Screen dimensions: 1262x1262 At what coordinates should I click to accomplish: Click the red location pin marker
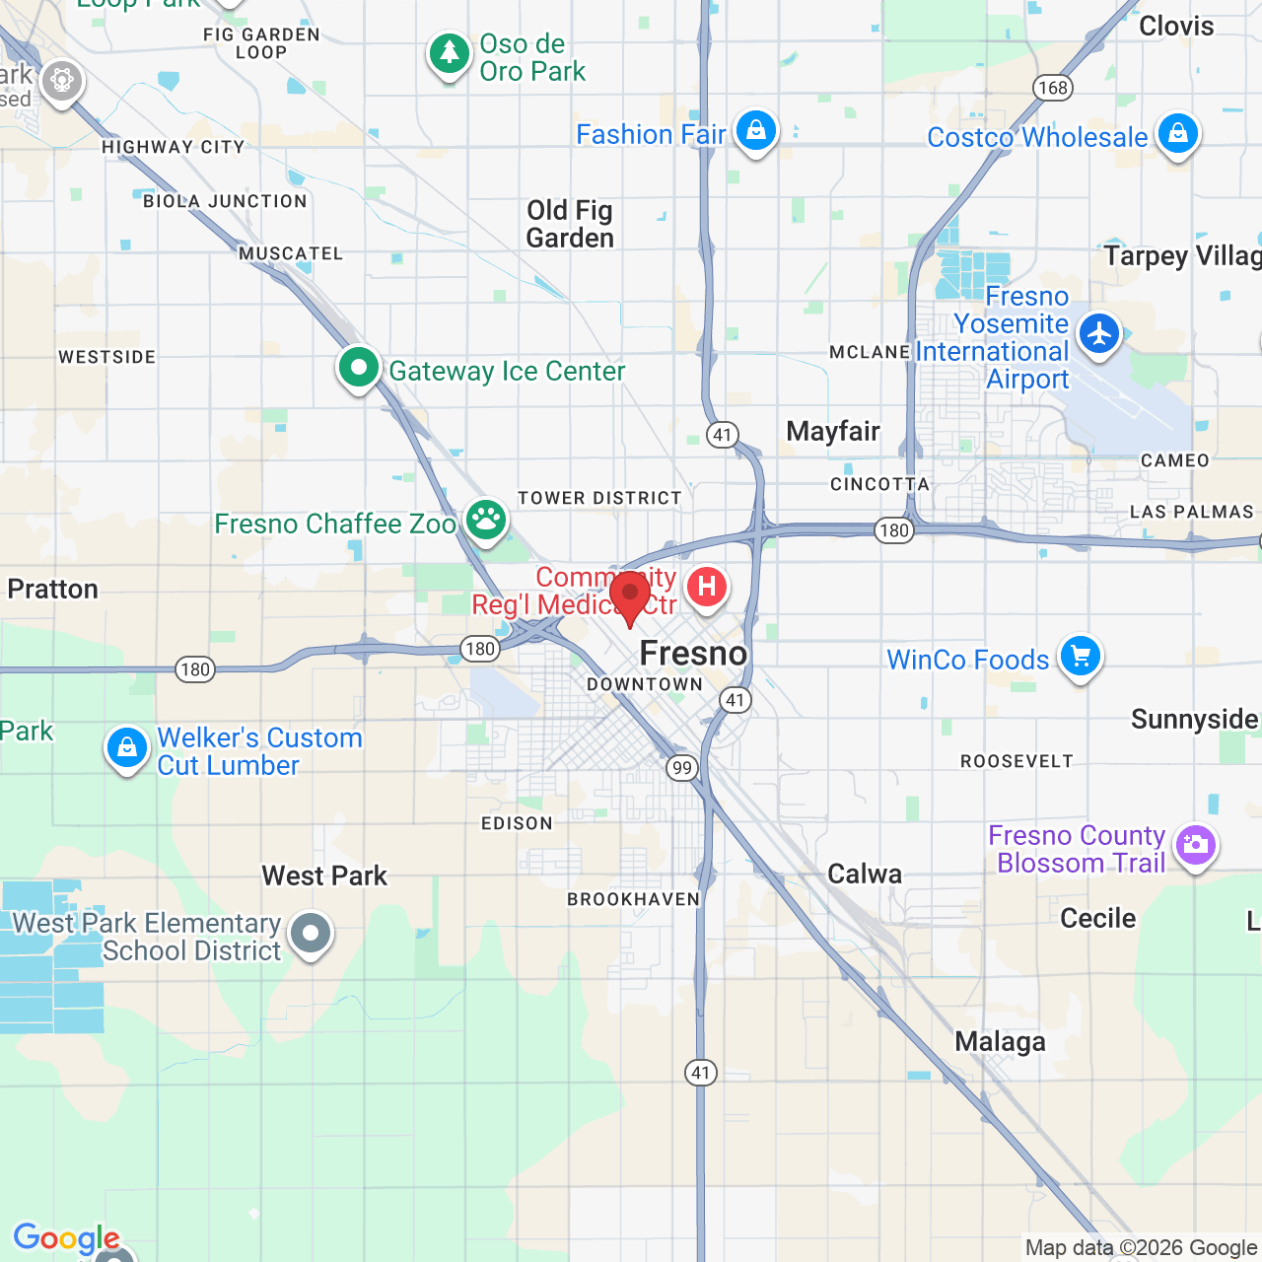[x=630, y=595]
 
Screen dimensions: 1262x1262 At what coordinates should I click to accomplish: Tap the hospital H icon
[x=706, y=587]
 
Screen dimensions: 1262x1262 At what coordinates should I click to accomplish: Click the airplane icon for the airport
[x=1098, y=333]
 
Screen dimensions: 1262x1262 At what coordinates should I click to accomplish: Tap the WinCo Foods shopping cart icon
[x=1080, y=656]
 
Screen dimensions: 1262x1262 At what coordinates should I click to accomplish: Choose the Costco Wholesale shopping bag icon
[x=1177, y=132]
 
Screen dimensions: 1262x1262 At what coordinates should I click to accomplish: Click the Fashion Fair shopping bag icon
[x=755, y=130]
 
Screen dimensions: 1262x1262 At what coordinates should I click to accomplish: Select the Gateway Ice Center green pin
[x=359, y=369]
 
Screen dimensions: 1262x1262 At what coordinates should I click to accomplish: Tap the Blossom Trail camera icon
[x=1195, y=845]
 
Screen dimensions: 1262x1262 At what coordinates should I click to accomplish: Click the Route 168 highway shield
[x=1053, y=88]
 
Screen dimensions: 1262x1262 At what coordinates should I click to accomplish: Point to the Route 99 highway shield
[x=681, y=768]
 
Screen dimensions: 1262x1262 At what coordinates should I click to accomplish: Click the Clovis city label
[x=1176, y=26]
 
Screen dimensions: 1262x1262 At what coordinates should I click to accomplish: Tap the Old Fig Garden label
[x=570, y=224]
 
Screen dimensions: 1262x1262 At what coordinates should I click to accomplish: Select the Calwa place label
[x=865, y=874]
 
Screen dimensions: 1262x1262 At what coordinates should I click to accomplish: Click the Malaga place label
[x=1000, y=1041]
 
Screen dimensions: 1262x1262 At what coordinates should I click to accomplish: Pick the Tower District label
[x=599, y=498]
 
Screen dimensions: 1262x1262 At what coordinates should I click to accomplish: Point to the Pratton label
[x=53, y=589]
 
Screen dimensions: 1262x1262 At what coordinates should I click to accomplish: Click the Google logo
[x=66, y=1237]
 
